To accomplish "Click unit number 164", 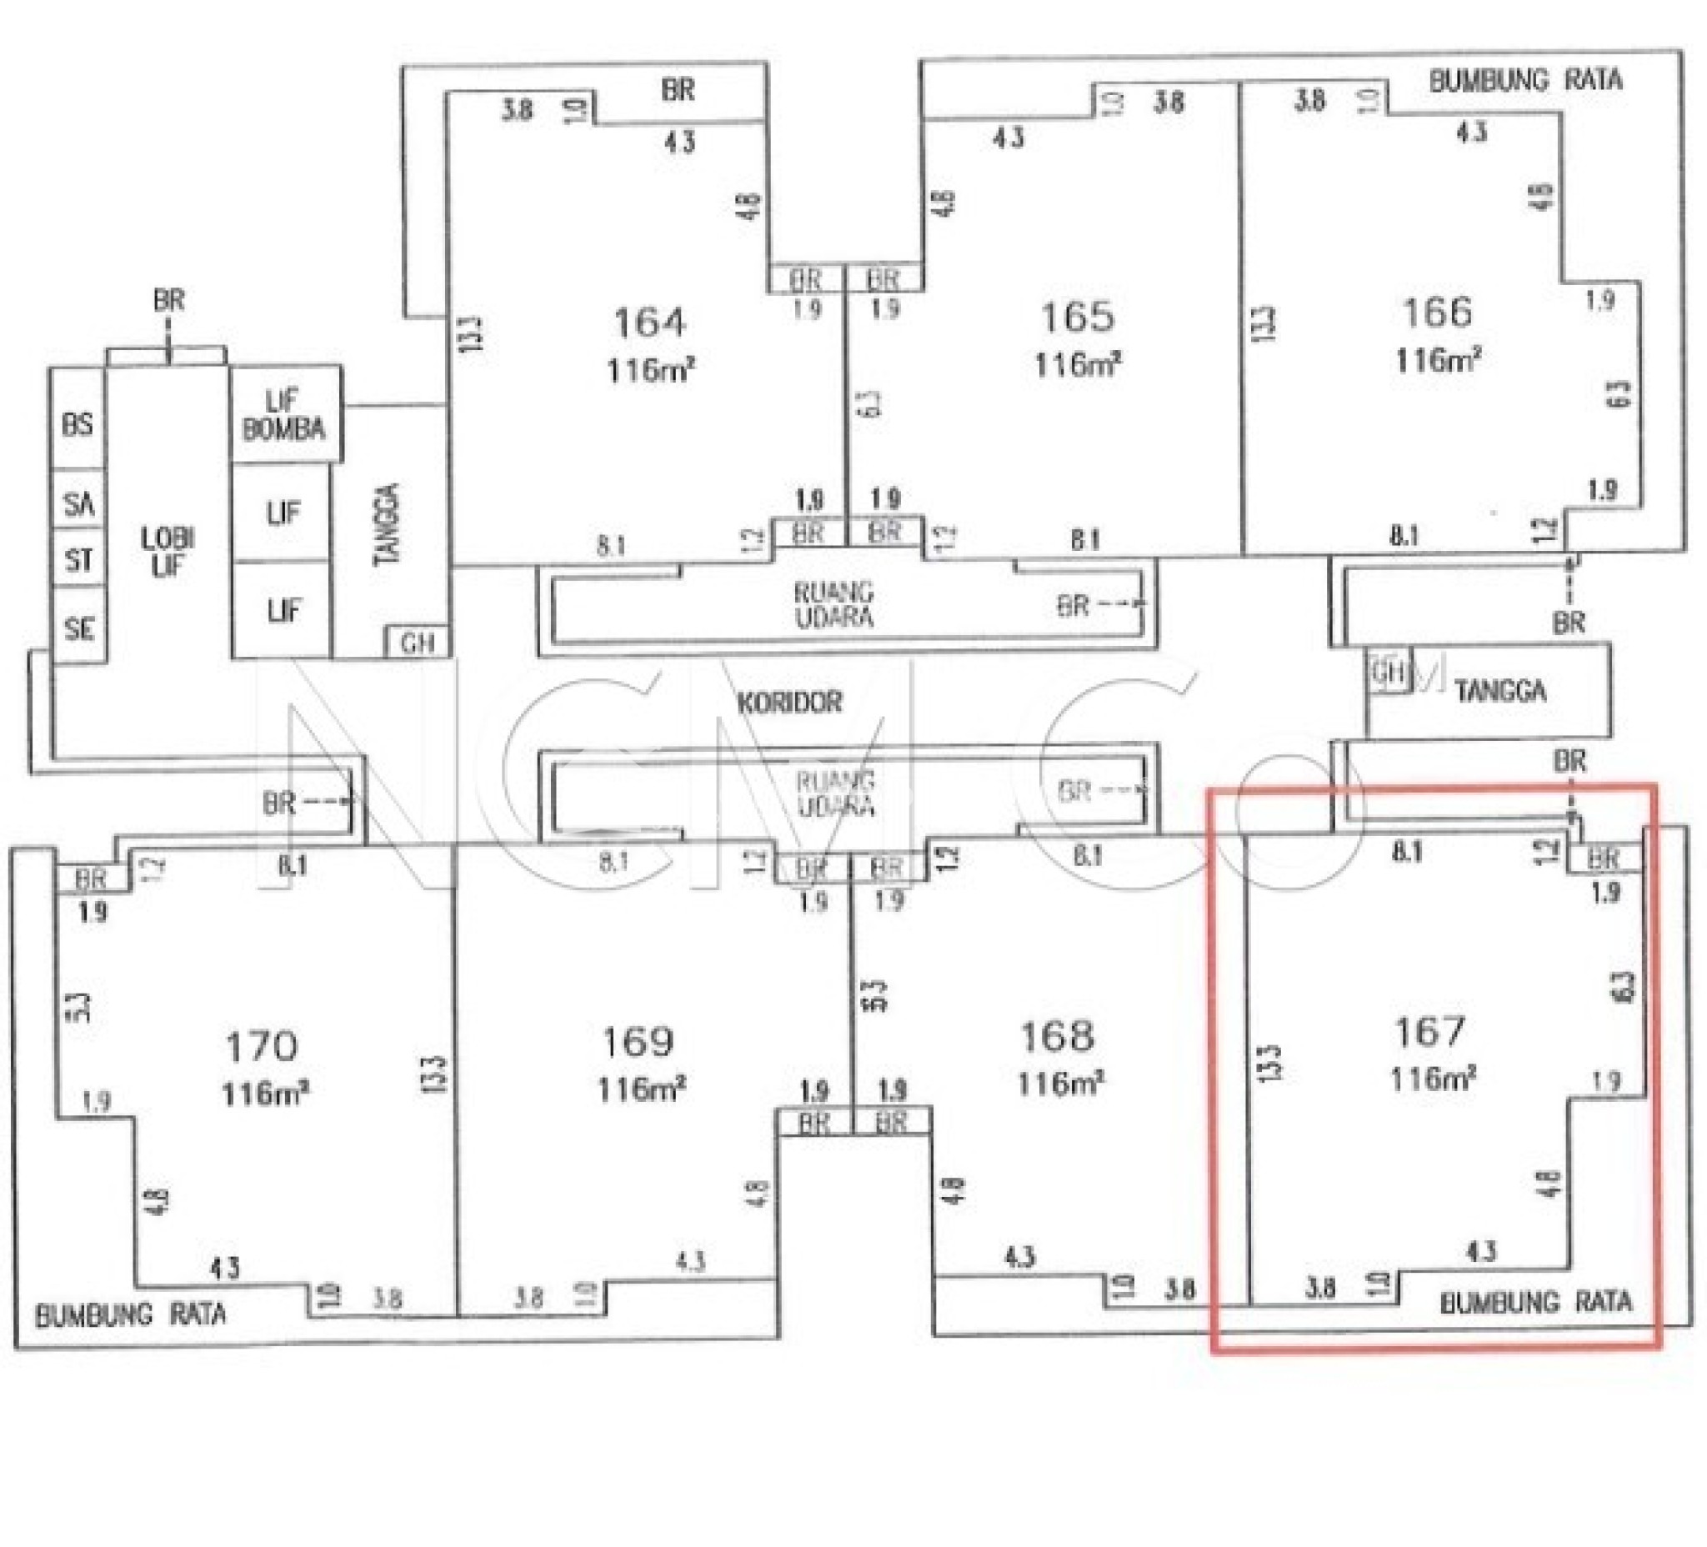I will (x=649, y=323).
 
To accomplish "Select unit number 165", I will (x=1077, y=318).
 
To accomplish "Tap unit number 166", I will (x=1437, y=313).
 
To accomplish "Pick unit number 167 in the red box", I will (x=1430, y=1031).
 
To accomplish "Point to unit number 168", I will (x=1058, y=1035).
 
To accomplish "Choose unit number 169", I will (x=638, y=1042).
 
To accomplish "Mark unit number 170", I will (x=262, y=1047).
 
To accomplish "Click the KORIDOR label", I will (x=789, y=703).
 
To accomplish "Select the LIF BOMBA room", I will (x=283, y=415).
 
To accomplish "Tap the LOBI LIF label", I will (x=168, y=552).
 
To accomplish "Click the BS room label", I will (x=78, y=424).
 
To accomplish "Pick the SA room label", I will (x=78, y=503).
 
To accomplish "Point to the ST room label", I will (x=78, y=559).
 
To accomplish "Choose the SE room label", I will (x=78, y=628).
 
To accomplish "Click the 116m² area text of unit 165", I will (x=1077, y=365).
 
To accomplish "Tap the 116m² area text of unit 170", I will (x=264, y=1094).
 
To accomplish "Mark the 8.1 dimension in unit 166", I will (x=1403, y=535).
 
